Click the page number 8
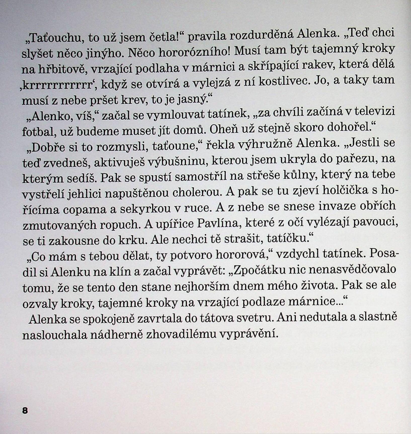tap(25, 411)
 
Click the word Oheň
tap(222, 129)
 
